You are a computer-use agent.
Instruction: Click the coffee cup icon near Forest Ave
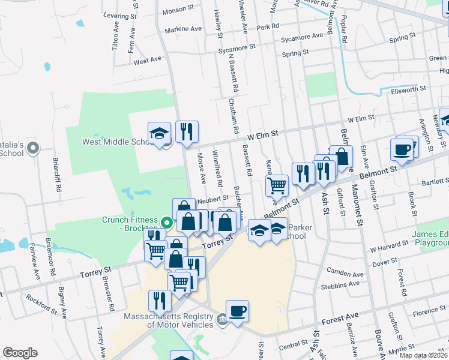point(237,311)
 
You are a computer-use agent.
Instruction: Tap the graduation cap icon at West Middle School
point(160,134)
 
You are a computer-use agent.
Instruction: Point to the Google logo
point(20,352)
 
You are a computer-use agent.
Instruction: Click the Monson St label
point(179,10)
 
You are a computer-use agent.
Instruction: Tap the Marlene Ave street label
point(184,29)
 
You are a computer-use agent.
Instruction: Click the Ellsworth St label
point(408,88)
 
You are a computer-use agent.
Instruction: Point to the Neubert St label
point(214,197)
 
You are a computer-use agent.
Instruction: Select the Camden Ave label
point(345,274)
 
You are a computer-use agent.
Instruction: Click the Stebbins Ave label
point(343,286)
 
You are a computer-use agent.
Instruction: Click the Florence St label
point(429,311)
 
